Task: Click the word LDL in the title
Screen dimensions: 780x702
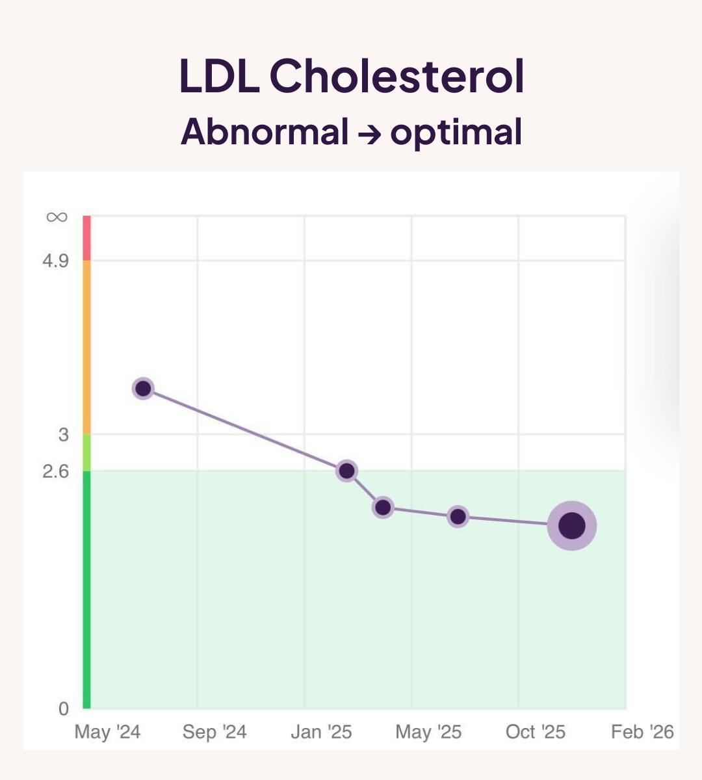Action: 218,76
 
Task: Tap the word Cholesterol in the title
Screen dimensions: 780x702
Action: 396,76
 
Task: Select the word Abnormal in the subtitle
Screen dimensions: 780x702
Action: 265,132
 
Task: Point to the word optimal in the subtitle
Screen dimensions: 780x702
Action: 456,133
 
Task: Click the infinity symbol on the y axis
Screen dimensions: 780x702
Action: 57,217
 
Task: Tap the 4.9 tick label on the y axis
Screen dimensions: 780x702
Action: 55,261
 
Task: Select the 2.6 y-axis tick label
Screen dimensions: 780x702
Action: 55,471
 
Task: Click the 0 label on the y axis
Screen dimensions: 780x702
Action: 63,709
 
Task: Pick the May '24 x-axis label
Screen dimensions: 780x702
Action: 107,733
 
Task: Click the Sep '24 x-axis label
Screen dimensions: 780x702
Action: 214,733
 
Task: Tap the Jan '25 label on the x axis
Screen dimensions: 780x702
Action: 321,733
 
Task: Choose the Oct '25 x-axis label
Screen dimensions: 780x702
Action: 536,733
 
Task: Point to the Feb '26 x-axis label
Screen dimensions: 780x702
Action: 642,733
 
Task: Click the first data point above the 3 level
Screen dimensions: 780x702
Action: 143,389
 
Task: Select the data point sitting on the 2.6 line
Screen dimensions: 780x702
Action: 346,471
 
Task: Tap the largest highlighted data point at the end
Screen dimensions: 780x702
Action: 572,525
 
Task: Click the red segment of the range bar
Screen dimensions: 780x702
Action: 86,238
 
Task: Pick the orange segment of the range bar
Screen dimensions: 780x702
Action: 86,347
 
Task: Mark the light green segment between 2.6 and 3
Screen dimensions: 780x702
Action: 86,452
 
